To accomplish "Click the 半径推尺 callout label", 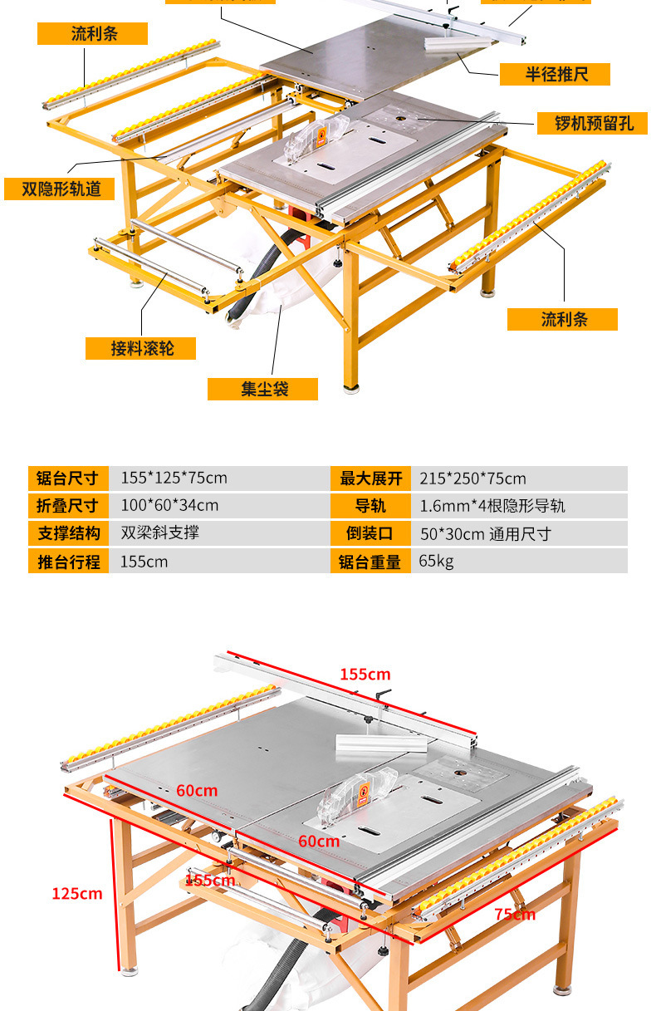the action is (555, 74).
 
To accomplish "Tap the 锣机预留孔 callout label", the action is (594, 123).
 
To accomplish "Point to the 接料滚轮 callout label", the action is (141, 347).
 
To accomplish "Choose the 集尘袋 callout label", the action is (263, 389).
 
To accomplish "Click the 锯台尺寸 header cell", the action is (68, 479).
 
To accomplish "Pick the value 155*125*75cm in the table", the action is (174, 479).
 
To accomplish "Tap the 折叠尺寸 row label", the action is (68, 506).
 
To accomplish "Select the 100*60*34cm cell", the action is (169, 506).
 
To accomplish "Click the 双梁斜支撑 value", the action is (160, 532).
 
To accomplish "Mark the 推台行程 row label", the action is (68, 562).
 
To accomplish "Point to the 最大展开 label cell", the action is (370, 479).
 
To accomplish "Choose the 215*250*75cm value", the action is (472, 479).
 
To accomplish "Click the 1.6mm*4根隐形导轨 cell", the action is (492, 506).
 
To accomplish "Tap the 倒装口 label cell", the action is (370, 533).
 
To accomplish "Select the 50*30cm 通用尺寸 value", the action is (485, 533).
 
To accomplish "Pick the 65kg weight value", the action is (437, 562).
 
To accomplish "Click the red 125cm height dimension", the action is (77, 894).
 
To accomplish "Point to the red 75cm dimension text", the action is (515, 915).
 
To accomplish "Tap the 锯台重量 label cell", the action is (370, 562).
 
